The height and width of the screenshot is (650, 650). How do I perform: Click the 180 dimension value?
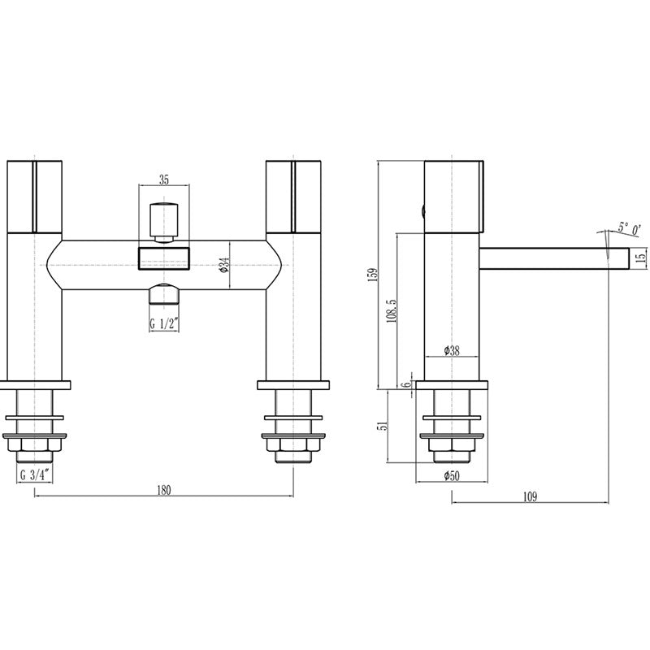coord(164,490)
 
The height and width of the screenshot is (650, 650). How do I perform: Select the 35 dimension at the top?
coord(164,181)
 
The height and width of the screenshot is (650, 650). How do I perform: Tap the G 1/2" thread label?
coord(164,324)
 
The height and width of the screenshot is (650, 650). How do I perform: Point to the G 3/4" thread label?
coord(34,477)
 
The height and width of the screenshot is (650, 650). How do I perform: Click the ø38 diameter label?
coord(453,351)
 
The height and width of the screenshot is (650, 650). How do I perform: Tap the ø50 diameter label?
coord(453,476)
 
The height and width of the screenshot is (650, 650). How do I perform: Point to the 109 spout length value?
coord(531,496)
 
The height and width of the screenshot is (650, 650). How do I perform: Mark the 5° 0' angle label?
coord(628,229)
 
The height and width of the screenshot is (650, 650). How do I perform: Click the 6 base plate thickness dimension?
coord(404,385)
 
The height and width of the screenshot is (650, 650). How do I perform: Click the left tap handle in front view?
coord(35,194)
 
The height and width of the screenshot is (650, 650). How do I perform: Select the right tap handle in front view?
coord(294,194)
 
